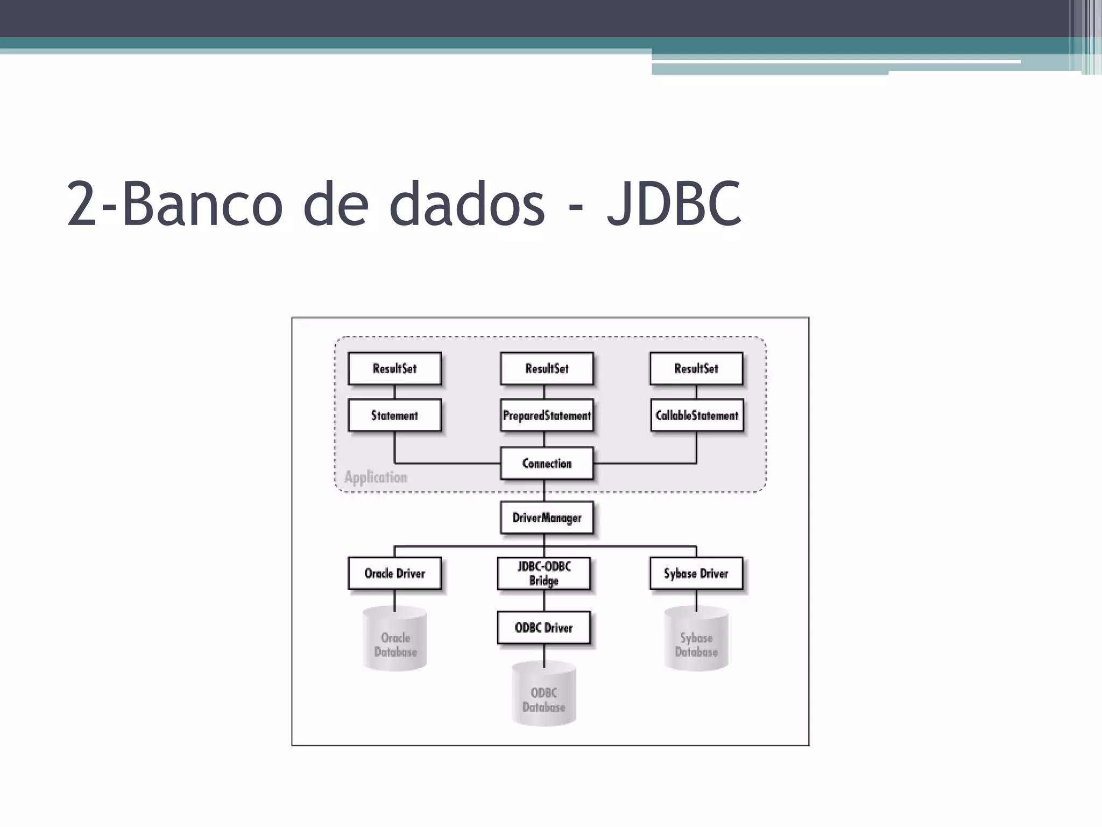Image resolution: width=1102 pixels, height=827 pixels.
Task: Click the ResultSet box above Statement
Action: (x=394, y=369)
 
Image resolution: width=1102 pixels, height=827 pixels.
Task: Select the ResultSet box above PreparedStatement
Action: (x=547, y=369)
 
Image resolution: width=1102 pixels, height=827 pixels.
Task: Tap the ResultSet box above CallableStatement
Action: (x=696, y=369)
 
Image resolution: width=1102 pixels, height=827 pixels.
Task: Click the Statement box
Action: (x=394, y=415)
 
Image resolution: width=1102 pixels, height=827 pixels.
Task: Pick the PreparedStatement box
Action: (x=547, y=415)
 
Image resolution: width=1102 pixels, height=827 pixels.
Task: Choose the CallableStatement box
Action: (x=697, y=415)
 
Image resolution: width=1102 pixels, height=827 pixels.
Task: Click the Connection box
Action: (x=547, y=463)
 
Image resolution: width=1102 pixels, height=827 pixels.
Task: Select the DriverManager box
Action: (x=547, y=517)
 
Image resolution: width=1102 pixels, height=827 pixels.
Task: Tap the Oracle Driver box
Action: (x=394, y=573)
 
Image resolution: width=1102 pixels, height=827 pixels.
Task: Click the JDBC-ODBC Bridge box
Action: (x=544, y=573)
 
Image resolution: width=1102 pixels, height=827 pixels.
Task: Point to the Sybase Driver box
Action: (x=696, y=573)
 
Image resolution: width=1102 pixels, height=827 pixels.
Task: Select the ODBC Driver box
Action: (x=544, y=627)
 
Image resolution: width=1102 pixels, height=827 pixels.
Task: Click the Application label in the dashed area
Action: (x=376, y=477)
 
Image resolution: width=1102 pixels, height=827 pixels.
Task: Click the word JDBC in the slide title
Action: (x=675, y=204)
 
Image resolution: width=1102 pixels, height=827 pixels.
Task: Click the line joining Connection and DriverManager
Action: (x=544, y=490)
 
